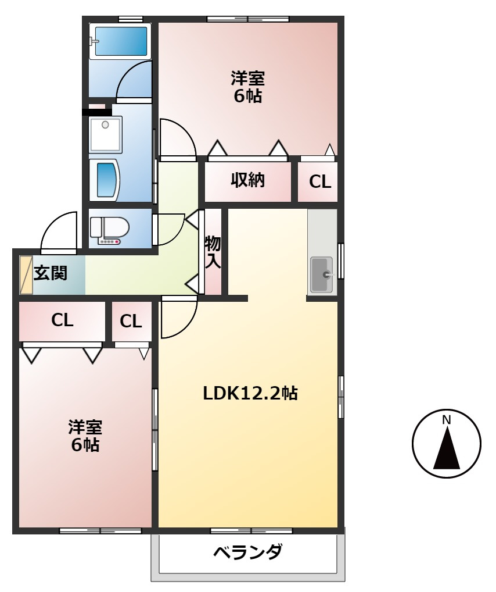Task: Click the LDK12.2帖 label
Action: pyautogui.click(x=250, y=394)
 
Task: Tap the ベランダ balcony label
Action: pyautogui.click(x=247, y=551)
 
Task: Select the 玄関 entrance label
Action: pyautogui.click(x=50, y=273)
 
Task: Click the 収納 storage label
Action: pyautogui.click(x=248, y=180)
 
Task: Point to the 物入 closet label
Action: pyautogui.click(x=213, y=251)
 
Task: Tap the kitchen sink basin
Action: pyautogui.click(x=321, y=274)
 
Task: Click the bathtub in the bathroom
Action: pyautogui.click(x=121, y=41)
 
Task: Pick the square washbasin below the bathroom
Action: pyautogui.click(x=105, y=133)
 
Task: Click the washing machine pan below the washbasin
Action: pyautogui.click(x=105, y=180)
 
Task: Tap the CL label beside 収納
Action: pyautogui.click(x=319, y=182)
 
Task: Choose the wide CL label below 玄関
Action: pyautogui.click(x=62, y=320)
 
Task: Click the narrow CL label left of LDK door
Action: pyautogui.click(x=131, y=321)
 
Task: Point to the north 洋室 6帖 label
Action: pyautogui.click(x=248, y=87)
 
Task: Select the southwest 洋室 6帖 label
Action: pyautogui.click(x=85, y=436)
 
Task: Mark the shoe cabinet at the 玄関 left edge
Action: pyautogui.click(x=26, y=274)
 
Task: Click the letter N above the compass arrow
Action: pyautogui.click(x=447, y=420)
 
